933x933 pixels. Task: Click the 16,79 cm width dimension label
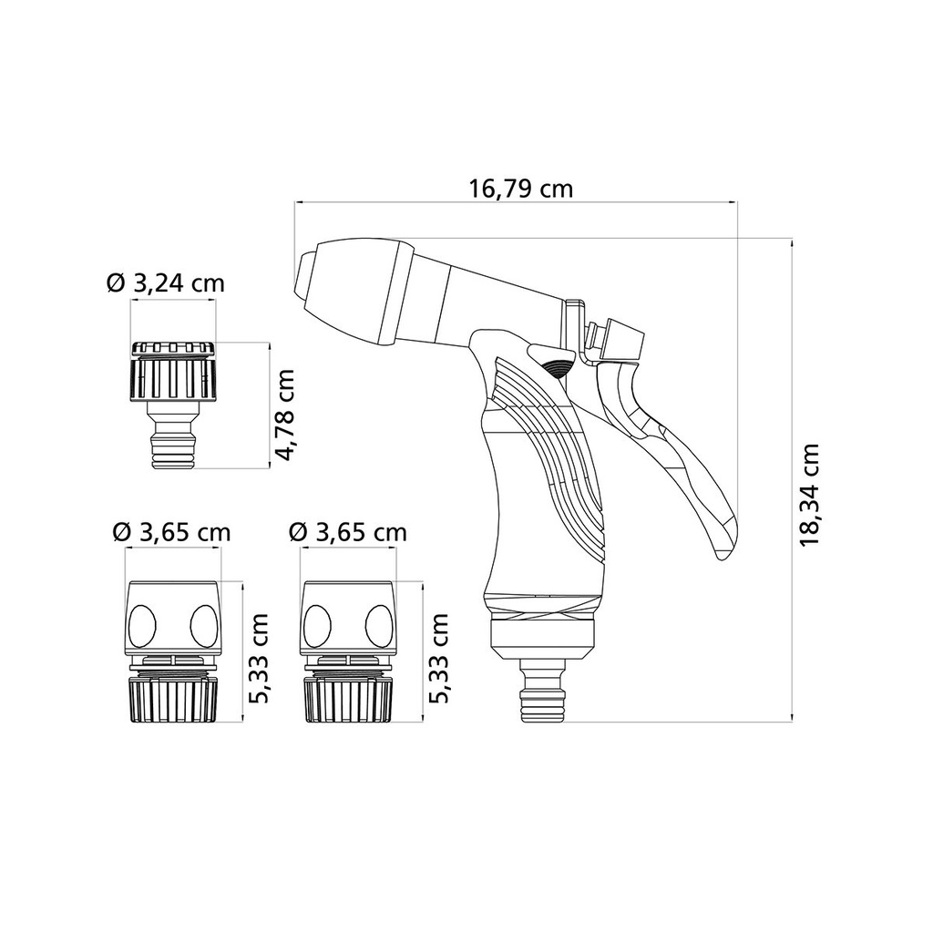[520, 189]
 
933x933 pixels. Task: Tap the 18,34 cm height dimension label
[809, 495]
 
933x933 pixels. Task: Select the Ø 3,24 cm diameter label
[166, 282]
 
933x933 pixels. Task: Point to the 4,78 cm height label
[285, 415]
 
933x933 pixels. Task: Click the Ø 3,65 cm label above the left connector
[171, 532]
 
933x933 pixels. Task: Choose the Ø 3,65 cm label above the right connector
[347, 532]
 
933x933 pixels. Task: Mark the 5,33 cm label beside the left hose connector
[259, 659]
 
